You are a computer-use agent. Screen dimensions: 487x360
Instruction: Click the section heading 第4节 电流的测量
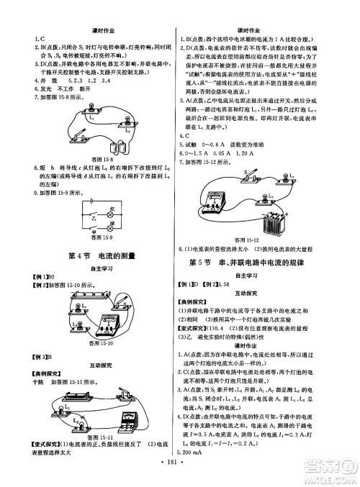coord(93,258)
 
